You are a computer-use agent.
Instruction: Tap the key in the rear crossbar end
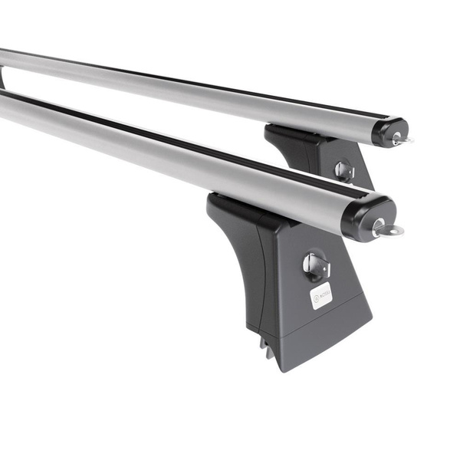[x=401, y=140]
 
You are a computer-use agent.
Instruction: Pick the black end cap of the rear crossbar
[x=389, y=130]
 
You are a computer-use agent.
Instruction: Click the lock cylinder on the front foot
[x=315, y=265]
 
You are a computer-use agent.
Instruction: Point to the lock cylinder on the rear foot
[x=344, y=171]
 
